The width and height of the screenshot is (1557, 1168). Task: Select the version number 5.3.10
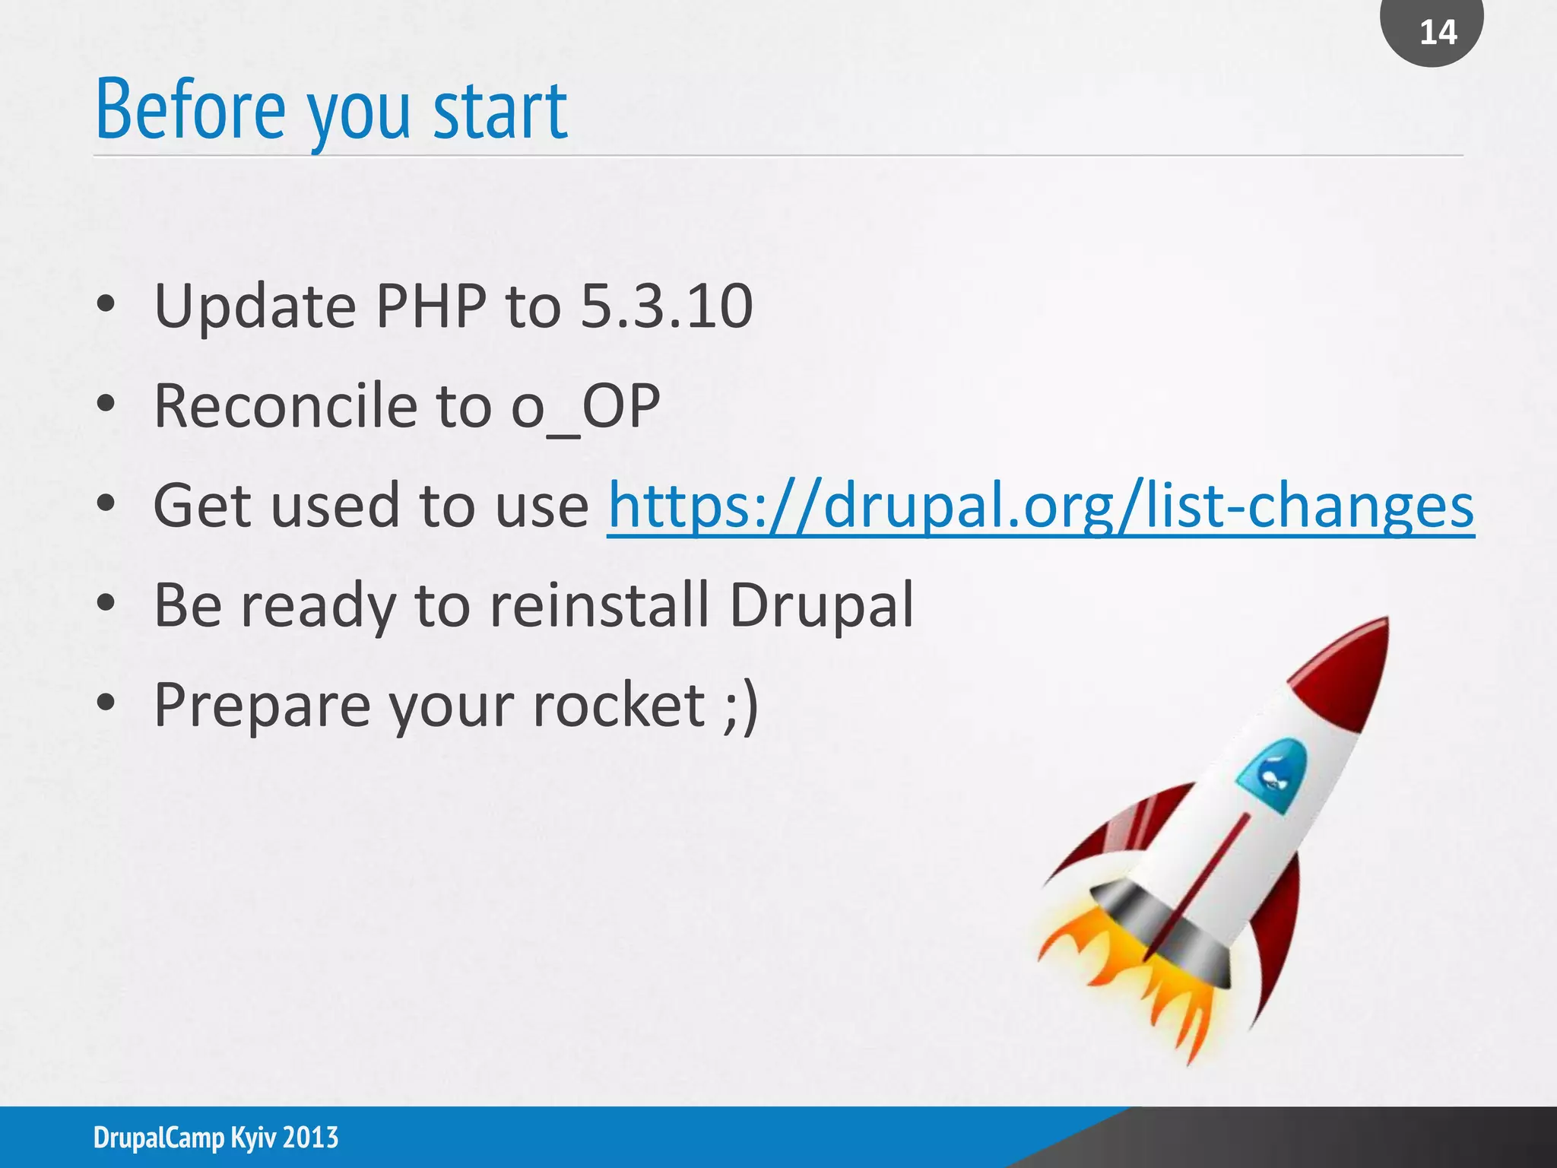666,306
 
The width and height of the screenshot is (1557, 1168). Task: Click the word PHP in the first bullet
431,306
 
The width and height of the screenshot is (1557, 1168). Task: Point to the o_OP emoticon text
585,407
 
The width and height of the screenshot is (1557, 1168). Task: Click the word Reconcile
285,407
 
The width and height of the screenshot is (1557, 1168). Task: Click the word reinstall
599,605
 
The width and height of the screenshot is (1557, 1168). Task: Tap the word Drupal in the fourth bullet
821,605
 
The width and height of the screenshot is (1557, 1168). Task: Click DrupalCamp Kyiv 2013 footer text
216,1138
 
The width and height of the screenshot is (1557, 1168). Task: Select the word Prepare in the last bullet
261,705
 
